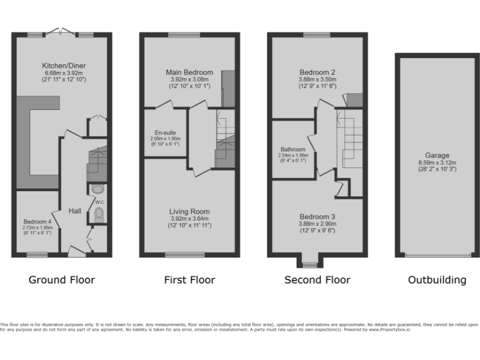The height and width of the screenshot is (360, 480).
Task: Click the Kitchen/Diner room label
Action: coord(64,65)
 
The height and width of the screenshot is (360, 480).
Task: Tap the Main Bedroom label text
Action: coord(189,72)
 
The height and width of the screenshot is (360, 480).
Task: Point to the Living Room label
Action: coord(189,212)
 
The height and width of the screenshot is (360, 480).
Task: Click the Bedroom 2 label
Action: coord(317,72)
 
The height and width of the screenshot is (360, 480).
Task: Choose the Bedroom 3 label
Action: coord(317,216)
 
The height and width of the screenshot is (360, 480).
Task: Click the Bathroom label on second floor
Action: coord(293,149)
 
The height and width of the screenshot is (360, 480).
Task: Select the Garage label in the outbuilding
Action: coord(437,156)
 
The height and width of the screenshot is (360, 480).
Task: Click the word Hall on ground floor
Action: coord(75,211)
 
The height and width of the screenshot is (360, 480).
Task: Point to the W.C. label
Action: coord(99,202)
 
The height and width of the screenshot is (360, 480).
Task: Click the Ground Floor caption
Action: coord(62,280)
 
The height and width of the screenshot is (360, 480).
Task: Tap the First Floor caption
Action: coord(189,280)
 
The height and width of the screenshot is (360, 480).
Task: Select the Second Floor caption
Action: coord(317,280)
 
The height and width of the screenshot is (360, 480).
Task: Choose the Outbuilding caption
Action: coord(437,280)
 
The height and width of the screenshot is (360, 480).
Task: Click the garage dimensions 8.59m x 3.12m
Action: coord(437,162)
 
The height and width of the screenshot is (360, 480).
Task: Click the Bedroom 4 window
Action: coord(37,254)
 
